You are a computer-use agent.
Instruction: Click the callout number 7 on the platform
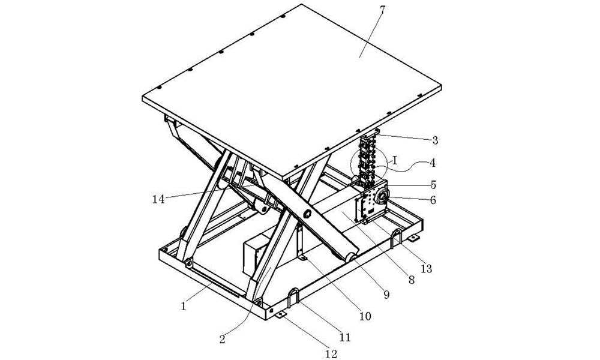point(382,11)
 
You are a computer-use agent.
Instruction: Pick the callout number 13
point(427,269)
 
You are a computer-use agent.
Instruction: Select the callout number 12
point(331,353)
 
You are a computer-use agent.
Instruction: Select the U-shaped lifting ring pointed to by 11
point(295,296)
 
